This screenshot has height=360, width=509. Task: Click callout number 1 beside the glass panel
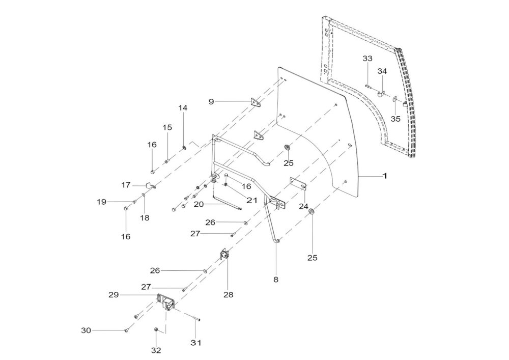click(x=385, y=176)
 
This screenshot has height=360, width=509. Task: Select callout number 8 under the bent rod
click(x=276, y=279)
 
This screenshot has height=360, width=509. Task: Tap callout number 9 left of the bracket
click(x=211, y=102)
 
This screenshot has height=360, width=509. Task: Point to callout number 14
click(x=183, y=108)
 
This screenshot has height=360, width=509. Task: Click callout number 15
click(x=167, y=127)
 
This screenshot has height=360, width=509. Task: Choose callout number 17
click(x=126, y=185)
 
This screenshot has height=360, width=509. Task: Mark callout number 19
click(x=102, y=202)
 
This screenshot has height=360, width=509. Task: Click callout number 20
click(x=199, y=204)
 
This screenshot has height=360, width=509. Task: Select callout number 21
click(x=252, y=200)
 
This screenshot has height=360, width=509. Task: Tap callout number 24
click(x=303, y=206)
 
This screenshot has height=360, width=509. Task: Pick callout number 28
click(x=229, y=295)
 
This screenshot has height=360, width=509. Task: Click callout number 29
click(x=114, y=295)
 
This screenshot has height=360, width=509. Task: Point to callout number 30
click(x=86, y=330)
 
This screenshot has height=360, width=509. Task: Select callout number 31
click(x=196, y=343)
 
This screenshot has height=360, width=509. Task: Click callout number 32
click(x=156, y=351)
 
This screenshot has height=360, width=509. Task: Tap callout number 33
click(x=367, y=59)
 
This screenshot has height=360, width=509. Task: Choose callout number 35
click(x=395, y=119)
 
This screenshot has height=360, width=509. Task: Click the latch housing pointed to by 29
click(x=167, y=302)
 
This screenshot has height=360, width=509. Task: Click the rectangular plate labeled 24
click(x=298, y=184)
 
